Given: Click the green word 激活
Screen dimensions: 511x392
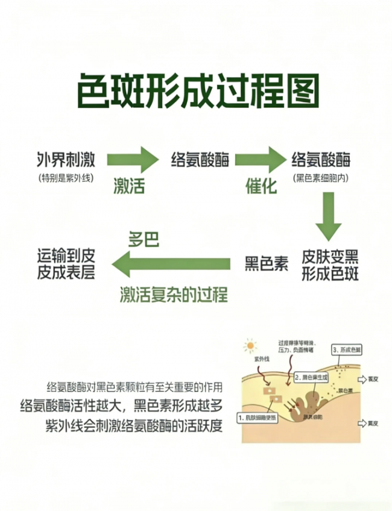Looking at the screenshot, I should point(129,186).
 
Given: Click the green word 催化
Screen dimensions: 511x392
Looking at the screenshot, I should point(261,186).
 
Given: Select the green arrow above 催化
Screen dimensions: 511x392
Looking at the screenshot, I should point(260,160).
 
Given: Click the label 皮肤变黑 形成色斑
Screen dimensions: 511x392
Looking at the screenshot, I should point(330,266).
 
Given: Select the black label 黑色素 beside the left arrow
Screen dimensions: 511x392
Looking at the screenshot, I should point(266,264).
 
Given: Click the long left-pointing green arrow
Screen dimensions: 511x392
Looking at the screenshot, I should point(172,264).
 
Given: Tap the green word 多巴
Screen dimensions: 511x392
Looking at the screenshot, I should point(144,240).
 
